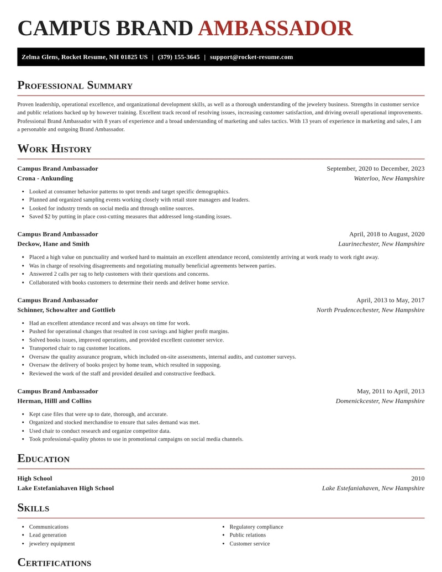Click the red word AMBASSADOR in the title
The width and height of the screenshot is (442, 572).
point(275,29)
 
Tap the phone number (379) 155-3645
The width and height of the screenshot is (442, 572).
point(178,57)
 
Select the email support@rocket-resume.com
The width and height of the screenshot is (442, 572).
point(251,57)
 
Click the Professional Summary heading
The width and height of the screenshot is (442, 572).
point(75,85)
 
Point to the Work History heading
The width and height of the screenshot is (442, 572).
point(54,149)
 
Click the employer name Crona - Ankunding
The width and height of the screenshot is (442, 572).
point(45,179)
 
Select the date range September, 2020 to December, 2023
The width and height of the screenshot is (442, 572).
point(375,169)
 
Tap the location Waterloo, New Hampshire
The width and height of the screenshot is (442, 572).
point(389,179)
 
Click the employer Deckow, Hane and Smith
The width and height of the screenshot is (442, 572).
point(53,244)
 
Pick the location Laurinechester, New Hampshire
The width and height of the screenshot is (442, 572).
point(381,244)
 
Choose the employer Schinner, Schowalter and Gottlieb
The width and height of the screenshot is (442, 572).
point(66,310)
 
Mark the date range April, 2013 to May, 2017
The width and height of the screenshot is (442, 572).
point(390,300)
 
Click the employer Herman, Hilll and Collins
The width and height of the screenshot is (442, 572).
point(54,401)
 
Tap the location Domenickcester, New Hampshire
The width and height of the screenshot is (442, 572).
point(380,401)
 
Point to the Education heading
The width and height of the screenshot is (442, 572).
point(43,459)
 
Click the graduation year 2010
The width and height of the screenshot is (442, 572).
point(418,479)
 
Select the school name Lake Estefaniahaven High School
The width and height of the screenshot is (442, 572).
point(65,488)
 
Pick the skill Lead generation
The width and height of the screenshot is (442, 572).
point(48,535)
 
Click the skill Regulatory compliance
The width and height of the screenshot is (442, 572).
point(256,527)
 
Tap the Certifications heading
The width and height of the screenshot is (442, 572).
point(54,563)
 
